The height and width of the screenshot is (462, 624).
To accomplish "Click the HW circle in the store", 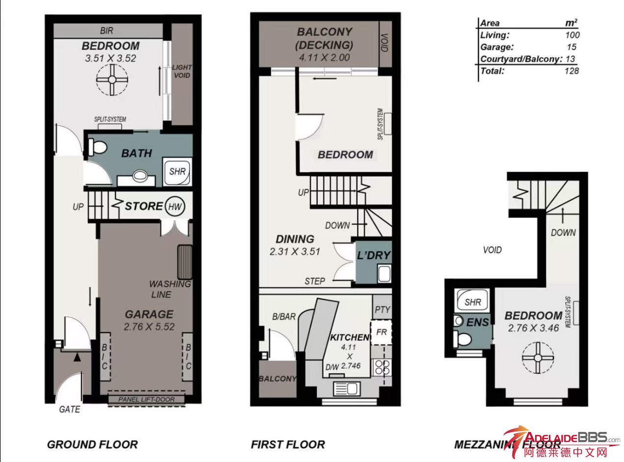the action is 175,206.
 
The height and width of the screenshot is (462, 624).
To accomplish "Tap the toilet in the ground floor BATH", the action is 97,147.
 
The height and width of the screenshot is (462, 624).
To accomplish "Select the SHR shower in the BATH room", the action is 177,171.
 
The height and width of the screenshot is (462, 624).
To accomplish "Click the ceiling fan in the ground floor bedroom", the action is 112,80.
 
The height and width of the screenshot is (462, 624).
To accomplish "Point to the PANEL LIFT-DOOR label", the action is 146,399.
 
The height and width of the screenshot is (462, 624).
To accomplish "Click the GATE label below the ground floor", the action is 70,409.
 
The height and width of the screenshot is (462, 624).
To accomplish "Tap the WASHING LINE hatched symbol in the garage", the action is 185,262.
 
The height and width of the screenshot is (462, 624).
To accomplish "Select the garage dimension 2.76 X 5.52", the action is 149,326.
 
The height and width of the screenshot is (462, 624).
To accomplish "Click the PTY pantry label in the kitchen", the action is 382,310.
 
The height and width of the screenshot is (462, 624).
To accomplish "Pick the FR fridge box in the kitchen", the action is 381,332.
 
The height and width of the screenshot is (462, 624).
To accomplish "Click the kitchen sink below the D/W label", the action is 346,388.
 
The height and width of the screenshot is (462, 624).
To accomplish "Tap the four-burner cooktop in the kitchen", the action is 382,367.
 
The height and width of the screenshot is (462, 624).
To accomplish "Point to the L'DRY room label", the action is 374,255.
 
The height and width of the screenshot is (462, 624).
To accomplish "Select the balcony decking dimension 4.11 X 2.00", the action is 324,57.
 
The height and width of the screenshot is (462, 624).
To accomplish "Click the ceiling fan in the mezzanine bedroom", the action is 538,358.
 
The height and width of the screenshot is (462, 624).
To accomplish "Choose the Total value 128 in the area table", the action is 571,71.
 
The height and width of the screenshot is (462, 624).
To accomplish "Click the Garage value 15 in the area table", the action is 571,47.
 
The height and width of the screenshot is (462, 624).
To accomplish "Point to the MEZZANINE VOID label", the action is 492,250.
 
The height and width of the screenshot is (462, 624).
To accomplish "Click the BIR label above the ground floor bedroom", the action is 107,30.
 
